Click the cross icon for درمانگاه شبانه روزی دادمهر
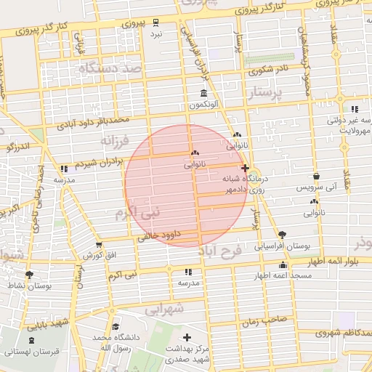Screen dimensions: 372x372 point(244,168)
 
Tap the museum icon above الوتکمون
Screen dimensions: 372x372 point(202,94)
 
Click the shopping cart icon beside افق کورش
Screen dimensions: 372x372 point(98,245)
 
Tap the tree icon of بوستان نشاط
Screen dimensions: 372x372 point(29,274)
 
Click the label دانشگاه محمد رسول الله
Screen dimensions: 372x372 point(111,342)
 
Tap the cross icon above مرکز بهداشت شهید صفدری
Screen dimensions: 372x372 point(188,337)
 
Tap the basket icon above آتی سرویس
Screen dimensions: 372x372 point(316,177)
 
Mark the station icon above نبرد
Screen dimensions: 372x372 point(156,22)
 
